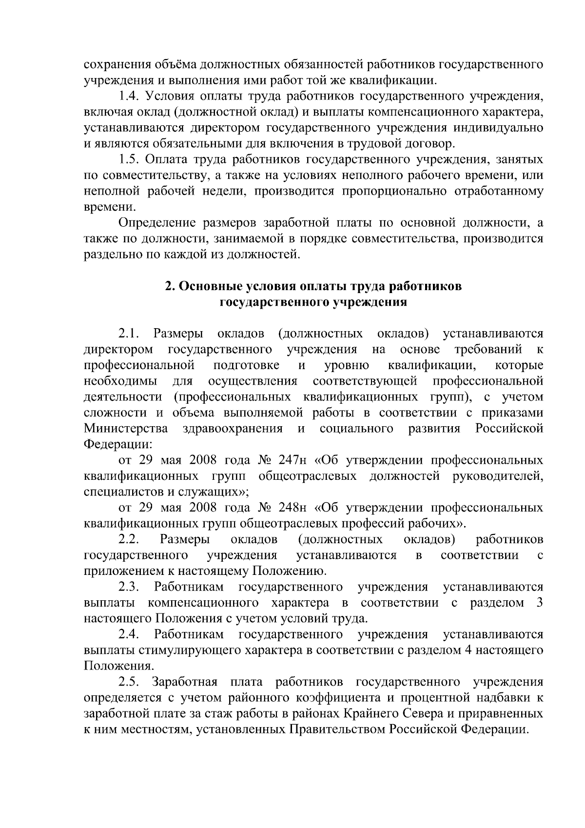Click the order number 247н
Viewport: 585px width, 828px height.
tap(292, 461)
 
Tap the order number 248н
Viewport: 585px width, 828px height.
tap(292, 508)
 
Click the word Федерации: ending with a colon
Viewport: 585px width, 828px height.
tap(117, 445)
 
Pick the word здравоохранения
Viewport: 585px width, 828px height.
tap(233, 429)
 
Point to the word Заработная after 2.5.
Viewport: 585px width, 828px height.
tap(182, 682)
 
